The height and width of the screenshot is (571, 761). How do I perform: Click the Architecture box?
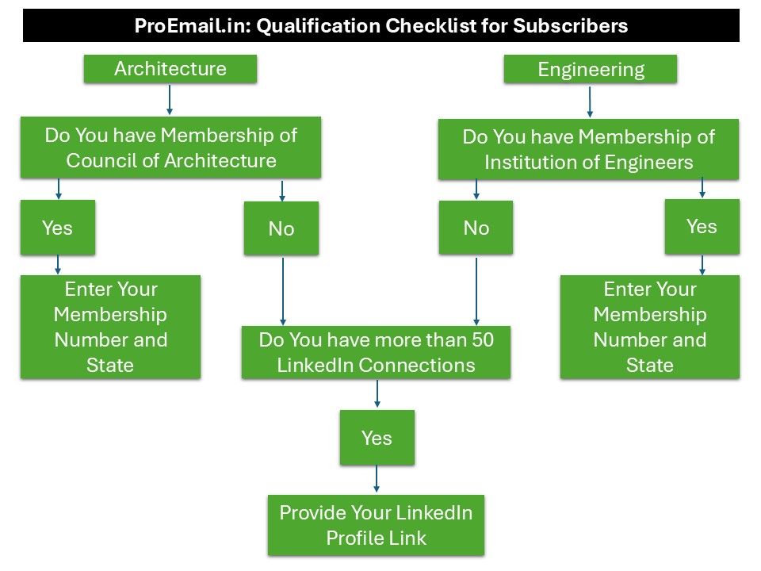tap(170, 69)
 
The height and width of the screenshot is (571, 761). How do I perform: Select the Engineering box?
tap(591, 70)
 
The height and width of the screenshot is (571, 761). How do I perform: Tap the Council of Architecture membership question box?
tap(170, 148)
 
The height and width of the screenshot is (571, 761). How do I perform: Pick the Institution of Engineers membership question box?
tap(589, 149)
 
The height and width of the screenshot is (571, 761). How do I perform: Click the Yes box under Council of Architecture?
tap(58, 228)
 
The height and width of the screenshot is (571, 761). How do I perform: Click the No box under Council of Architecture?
tap(281, 228)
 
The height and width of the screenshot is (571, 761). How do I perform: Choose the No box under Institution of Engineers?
tap(476, 228)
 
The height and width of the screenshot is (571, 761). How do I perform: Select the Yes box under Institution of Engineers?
tap(702, 226)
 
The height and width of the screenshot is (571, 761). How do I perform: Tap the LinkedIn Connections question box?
tap(376, 352)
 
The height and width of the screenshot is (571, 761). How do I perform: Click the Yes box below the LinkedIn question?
tap(377, 438)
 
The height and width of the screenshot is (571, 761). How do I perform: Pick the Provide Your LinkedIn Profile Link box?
tap(376, 525)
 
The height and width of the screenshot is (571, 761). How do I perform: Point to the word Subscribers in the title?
tap(571, 25)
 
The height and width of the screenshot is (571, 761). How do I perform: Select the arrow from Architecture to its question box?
tap(170, 100)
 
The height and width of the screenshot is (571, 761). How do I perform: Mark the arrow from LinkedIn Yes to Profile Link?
tap(377, 479)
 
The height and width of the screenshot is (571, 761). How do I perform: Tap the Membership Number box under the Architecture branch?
tap(110, 327)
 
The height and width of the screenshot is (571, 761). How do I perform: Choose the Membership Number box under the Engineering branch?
tap(650, 327)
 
